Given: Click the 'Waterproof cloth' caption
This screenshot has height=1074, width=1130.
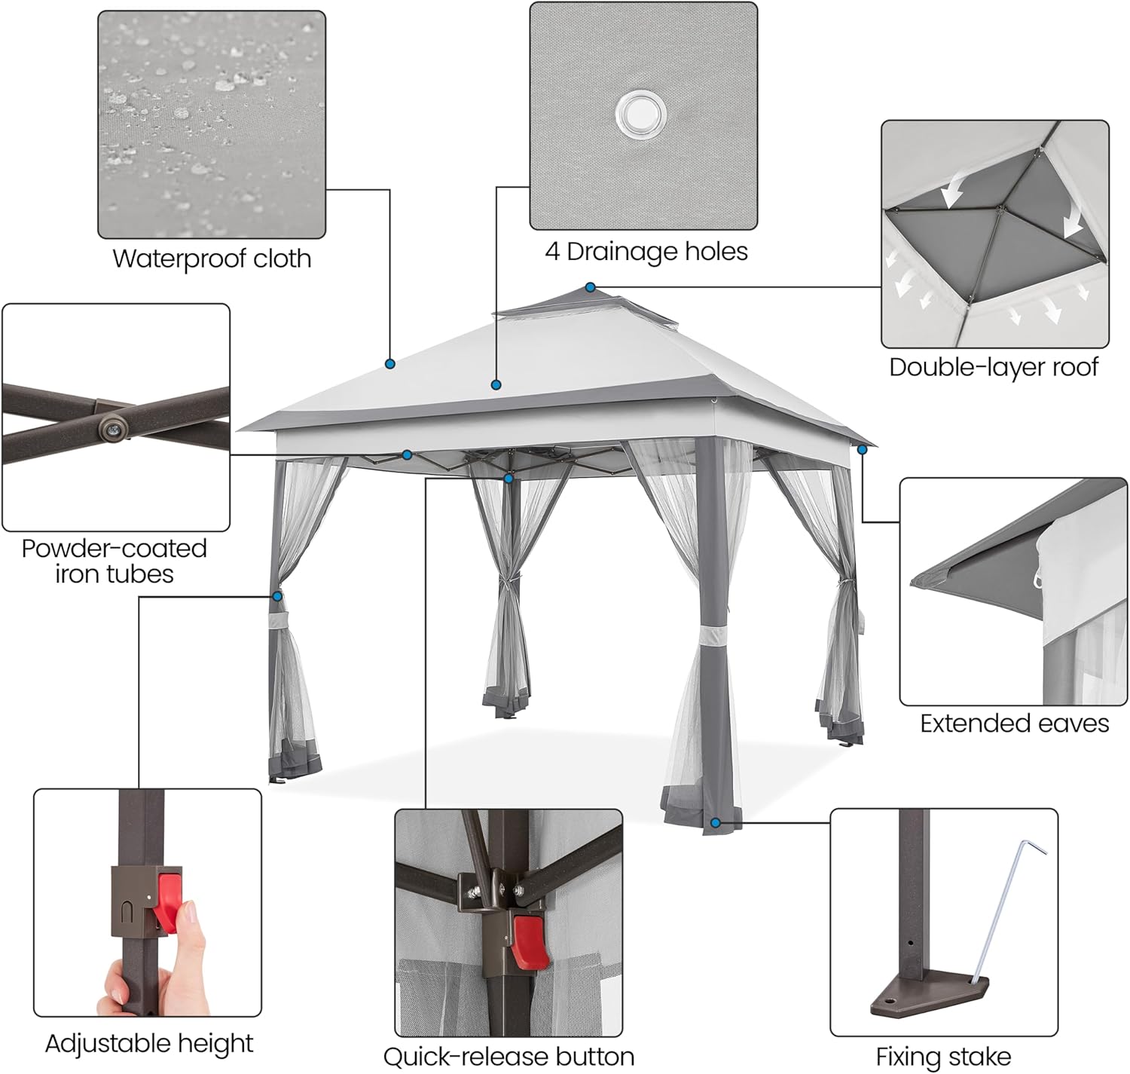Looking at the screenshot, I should [x=212, y=259].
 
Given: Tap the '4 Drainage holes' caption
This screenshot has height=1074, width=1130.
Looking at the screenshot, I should [x=646, y=251].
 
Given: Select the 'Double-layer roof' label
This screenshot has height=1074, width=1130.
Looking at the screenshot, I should [x=993, y=367].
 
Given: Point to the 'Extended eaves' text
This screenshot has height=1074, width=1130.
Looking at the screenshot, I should [x=1014, y=724].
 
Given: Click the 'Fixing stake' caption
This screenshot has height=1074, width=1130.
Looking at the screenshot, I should [x=943, y=1057].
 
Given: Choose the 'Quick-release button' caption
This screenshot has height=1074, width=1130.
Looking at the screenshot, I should [x=508, y=1057].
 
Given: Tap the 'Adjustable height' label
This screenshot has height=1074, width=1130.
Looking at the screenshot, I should [x=149, y=1043].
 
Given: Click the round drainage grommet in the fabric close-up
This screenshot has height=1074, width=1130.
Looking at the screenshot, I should [x=641, y=114].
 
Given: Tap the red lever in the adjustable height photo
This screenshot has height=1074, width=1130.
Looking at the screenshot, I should [x=168, y=897].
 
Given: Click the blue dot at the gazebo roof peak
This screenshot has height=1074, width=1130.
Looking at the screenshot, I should [x=591, y=287].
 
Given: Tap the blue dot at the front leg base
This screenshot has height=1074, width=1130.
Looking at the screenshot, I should [x=715, y=823].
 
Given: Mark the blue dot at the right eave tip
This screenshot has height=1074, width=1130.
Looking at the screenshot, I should [x=862, y=449].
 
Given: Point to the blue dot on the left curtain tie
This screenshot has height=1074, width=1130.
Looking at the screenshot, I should [x=277, y=596].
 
